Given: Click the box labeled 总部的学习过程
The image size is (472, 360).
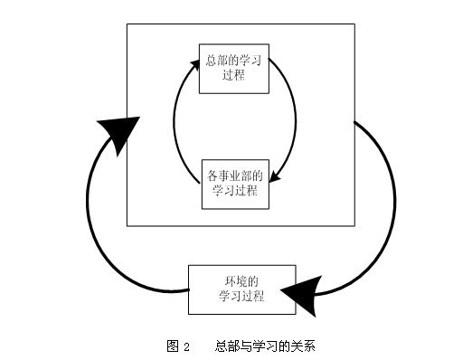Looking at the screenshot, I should tap(235, 69).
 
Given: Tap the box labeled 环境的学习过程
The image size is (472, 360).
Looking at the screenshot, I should tap(241, 289).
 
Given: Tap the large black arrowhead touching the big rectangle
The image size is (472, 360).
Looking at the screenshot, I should tap(120, 133).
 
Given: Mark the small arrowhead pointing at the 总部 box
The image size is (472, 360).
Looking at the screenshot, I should tap(196, 64).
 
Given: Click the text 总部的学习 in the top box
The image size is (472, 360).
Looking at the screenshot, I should tap(235, 61).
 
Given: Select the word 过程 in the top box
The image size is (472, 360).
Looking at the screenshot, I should tap(235, 76).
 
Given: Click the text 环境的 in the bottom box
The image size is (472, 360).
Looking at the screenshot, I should tap(241, 280).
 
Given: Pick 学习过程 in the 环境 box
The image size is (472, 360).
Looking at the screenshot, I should tap(241, 297).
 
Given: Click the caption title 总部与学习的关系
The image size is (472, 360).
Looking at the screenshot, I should tap(264, 346).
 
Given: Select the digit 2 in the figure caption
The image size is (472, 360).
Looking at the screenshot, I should tap(186, 346).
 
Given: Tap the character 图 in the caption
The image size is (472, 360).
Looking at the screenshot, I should tap(172, 346).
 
